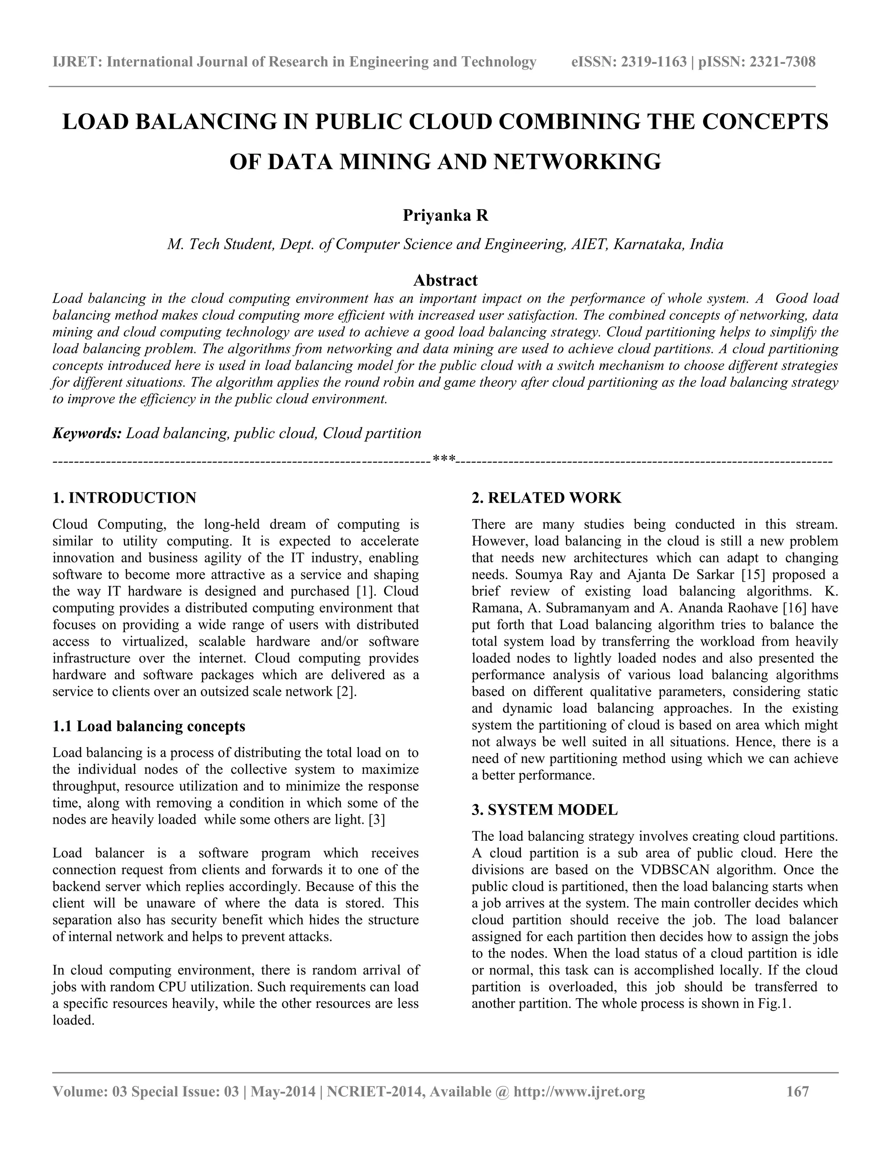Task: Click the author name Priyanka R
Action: click(x=445, y=216)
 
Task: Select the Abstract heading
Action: click(x=445, y=280)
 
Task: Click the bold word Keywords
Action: click(x=87, y=433)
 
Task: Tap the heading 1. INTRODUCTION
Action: click(x=124, y=497)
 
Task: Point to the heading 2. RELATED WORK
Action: click(x=546, y=497)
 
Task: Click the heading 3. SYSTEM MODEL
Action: click(x=544, y=810)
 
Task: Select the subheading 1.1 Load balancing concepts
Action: click(x=149, y=726)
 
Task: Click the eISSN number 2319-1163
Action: click(x=653, y=62)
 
